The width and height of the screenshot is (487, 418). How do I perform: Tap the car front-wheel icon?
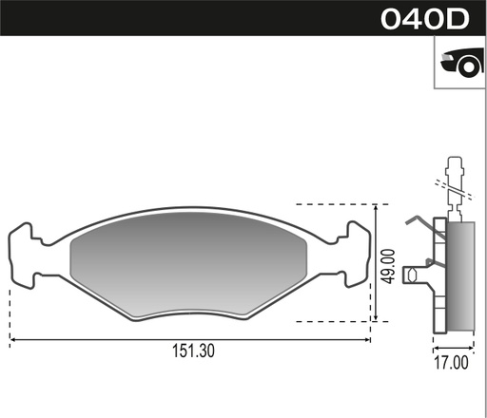tap(459, 64)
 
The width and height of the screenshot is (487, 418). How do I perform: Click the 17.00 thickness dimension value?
tap(451, 362)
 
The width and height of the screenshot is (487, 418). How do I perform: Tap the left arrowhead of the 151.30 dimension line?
tap(13, 338)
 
